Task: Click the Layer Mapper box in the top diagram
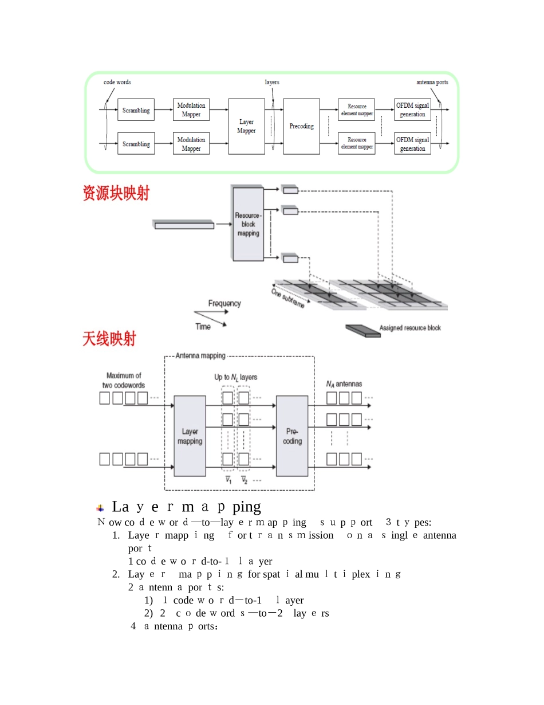[x=246, y=126]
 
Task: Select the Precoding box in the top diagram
[x=301, y=126]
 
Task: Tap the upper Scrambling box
[x=136, y=110]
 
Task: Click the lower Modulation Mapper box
[x=191, y=144]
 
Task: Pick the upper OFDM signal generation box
[x=412, y=110]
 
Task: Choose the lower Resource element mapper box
[x=357, y=143]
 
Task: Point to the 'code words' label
[x=117, y=82]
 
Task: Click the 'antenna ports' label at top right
[x=432, y=82]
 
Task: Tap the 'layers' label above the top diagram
[x=272, y=82]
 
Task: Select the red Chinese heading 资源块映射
[x=116, y=194]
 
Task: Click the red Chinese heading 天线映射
[x=109, y=339]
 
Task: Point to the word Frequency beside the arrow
[x=224, y=303]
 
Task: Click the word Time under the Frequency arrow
[x=203, y=327]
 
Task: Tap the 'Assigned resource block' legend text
[x=410, y=328]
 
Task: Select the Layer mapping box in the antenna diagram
[x=190, y=436]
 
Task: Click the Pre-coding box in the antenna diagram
[x=292, y=436]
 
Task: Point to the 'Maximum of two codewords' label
[x=124, y=381]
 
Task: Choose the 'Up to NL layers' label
[x=236, y=377]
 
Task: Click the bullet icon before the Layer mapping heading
[x=101, y=508]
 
